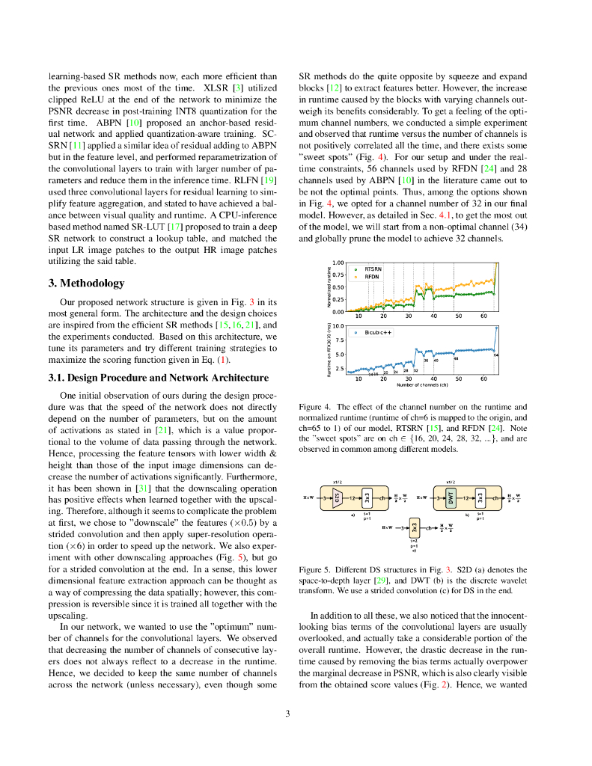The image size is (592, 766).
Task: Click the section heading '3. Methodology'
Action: pyautogui.click(x=86, y=284)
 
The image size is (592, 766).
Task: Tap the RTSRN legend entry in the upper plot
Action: pyautogui.click(x=373, y=269)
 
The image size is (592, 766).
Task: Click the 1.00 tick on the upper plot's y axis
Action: pyautogui.click(x=338, y=263)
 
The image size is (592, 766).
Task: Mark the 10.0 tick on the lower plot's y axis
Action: pyautogui.click(x=338, y=326)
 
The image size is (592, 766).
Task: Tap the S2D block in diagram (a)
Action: pyautogui.click(x=338, y=497)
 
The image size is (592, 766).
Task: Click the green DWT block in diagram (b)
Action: pyautogui.click(x=451, y=497)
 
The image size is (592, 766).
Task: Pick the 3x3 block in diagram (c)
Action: pyautogui.click(x=415, y=528)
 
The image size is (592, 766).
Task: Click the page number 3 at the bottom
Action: pyautogui.click(x=288, y=713)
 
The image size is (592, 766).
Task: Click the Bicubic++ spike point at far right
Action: pyautogui.click(x=495, y=327)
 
